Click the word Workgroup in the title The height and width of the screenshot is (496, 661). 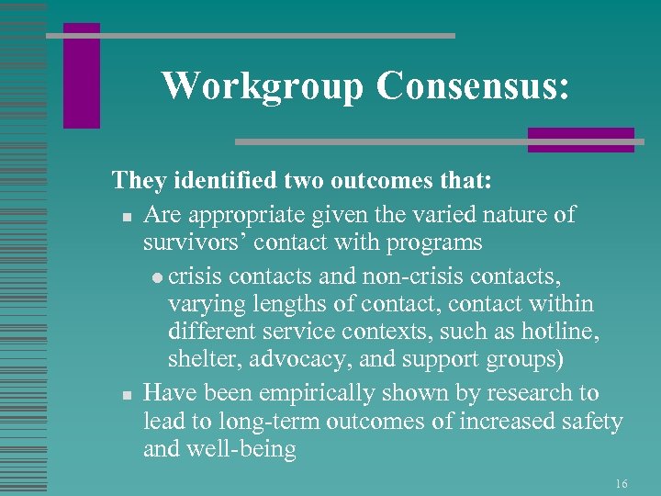coord(263,85)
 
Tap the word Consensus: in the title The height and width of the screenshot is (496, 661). coord(472,85)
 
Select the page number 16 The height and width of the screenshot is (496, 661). coord(622,483)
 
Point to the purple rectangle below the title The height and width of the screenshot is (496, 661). coord(580,139)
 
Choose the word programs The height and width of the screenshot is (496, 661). coord(432,243)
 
